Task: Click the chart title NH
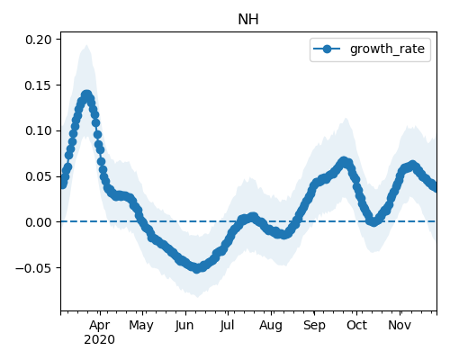(248, 20)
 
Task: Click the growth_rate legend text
(387, 49)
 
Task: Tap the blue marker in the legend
(327, 49)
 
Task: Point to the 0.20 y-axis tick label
(39, 40)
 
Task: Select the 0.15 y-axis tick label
(39, 85)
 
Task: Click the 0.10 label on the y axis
(39, 130)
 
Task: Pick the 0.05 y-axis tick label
(39, 176)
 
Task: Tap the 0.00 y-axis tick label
(39, 222)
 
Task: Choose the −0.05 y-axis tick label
(33, 268)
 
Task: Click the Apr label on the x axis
(100, 325)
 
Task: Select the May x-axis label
(141, 325)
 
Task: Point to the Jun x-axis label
(184, 325)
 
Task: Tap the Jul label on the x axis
(227, 325)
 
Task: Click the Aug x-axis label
(271, 325)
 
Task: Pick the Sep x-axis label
(314, 325)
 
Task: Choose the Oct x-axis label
(356, 325)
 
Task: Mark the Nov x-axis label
(400, 325)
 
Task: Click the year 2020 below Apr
(99, 340)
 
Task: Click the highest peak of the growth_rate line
(86, 94)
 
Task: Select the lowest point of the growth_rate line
(196, 268)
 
